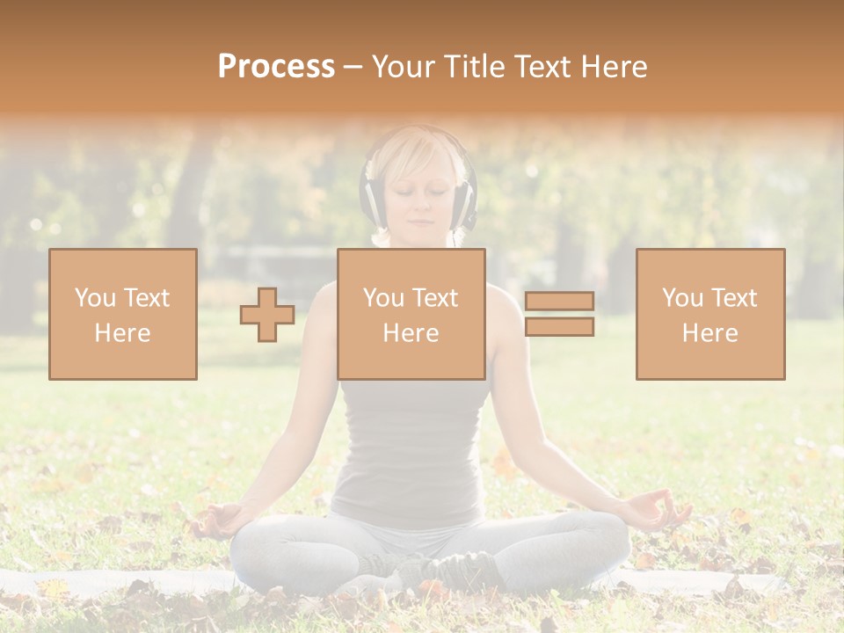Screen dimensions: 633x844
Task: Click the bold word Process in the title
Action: pyautogui.click(x=276, y=67)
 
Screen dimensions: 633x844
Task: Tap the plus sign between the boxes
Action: pyautogui.click(x=267, y=315)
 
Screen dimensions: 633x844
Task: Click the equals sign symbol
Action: pyautogui.click(x=559, y=314)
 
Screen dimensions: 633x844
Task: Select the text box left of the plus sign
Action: pyautogui.click(x=123, y=314)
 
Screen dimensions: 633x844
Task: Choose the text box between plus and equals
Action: pyautogui.click(x=411, y=314)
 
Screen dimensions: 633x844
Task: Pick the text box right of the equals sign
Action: pyautogui.click(x=709, y=314)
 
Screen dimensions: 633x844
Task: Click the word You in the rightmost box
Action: pyautogui.click(x=682, y=298)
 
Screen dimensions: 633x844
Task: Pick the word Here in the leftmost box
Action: pyautogui.click(x=122, y=333)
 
